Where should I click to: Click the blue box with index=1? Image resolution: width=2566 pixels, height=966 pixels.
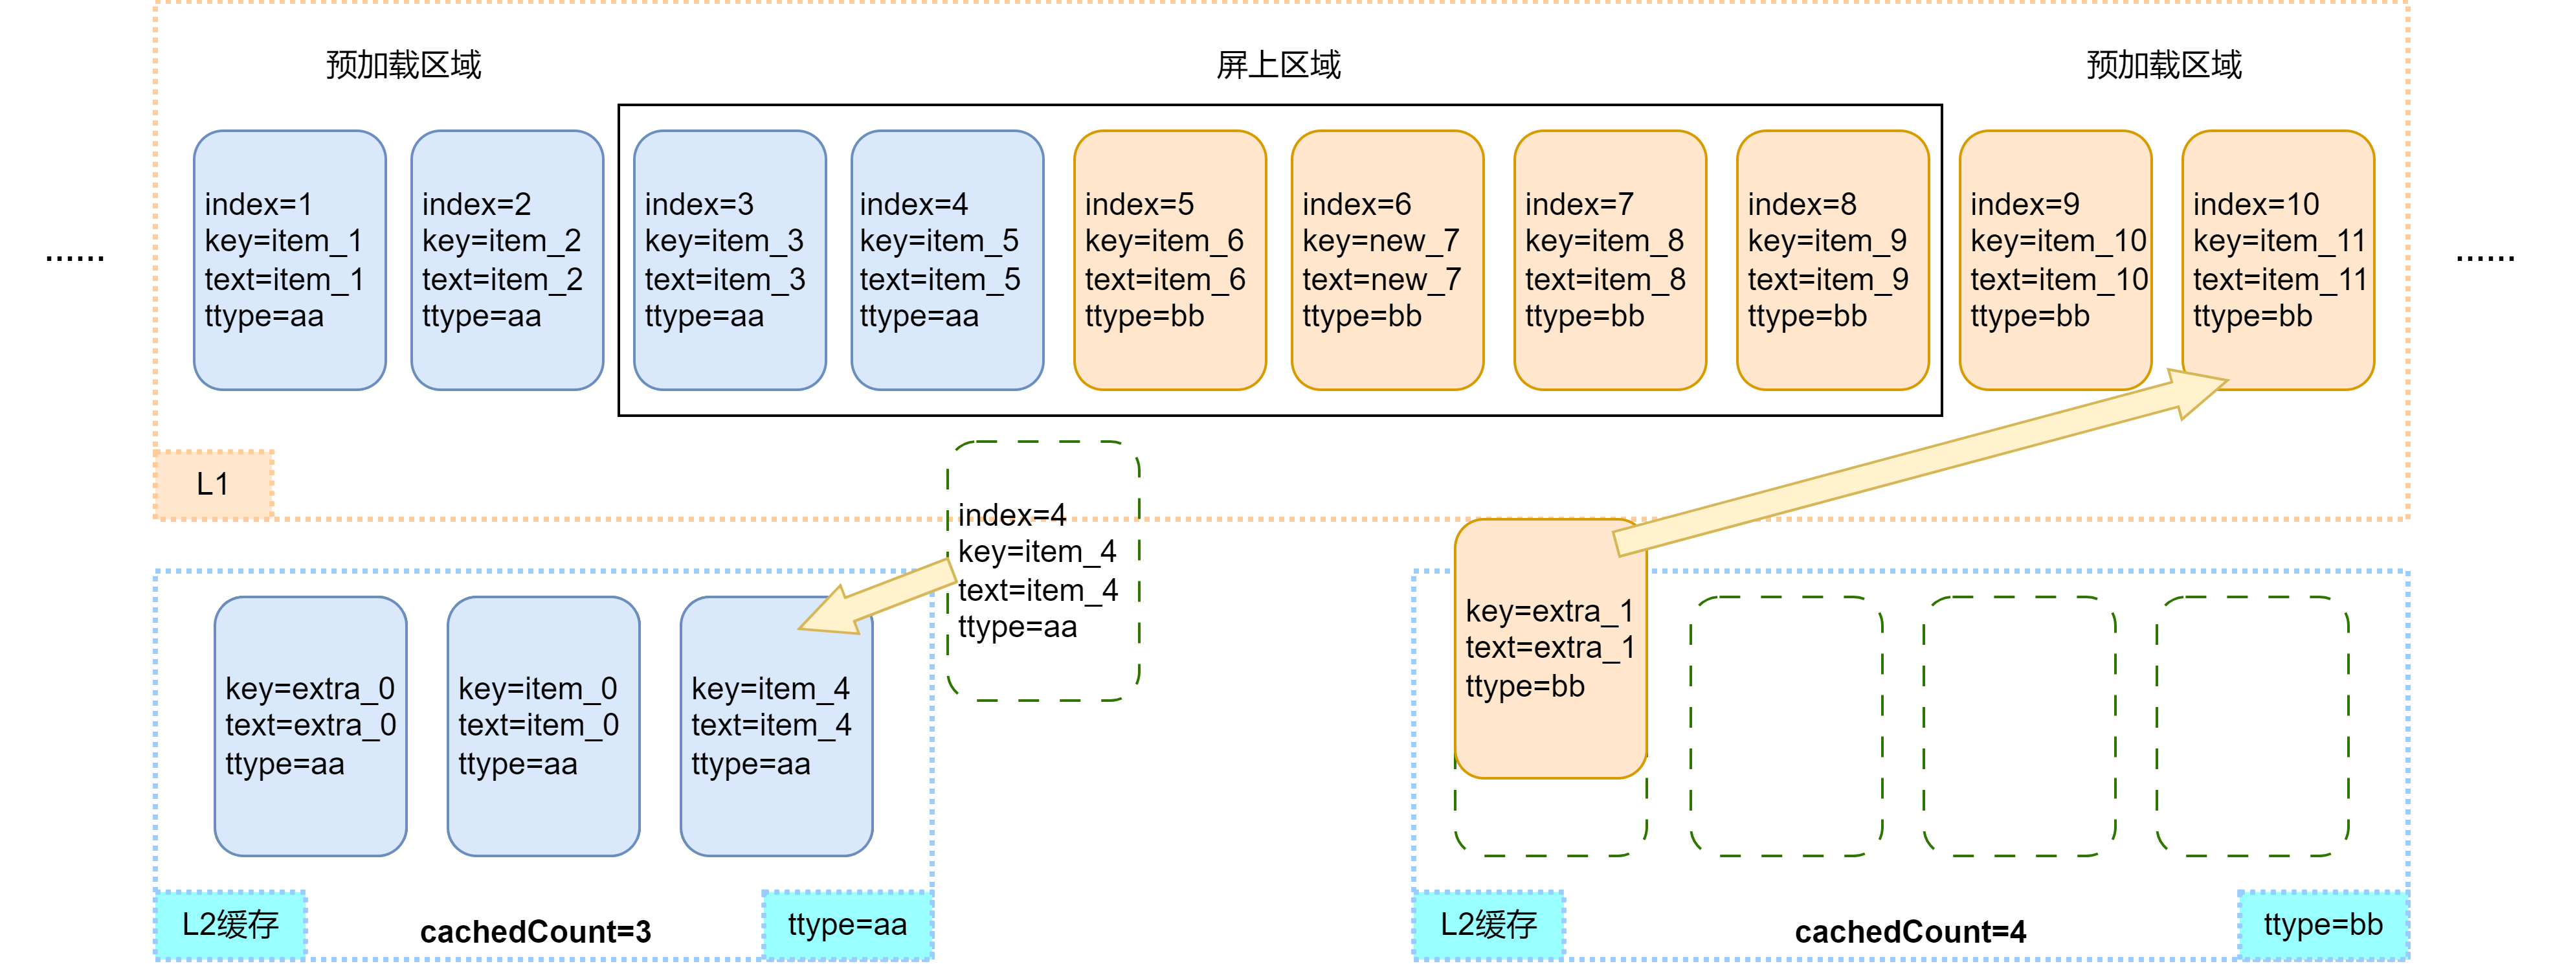pyautogui.click(x=289, y=260)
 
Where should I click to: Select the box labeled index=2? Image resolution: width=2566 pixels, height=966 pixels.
pyautogui.click(x=506, y=260)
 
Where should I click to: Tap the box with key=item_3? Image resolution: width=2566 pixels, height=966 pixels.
pyautogui.click(x=729, y=260)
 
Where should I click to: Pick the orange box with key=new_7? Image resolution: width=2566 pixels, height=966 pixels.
pyautogui.click(x=1387, y=260)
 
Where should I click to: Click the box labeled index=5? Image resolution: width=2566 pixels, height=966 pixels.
pyautogui.click(x=1170, y=260)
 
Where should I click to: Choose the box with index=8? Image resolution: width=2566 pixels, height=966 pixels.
pyautogui.click(x=1832, y=260)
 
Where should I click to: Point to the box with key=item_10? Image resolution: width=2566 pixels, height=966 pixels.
pyautogui.click(x=2055, y=260)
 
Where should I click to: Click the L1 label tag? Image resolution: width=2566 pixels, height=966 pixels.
pyautogui.click(x=213, y=485)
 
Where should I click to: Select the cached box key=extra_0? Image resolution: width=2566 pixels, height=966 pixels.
pyautogui.click(x=310, y=726)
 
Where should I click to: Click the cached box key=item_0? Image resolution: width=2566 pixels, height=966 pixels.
pyautogui.click(x=543, y=726)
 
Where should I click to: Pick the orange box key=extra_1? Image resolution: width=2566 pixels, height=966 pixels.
pyautogui.click(x=1550, y=648)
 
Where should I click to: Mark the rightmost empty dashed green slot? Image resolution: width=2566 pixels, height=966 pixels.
pyautogui.click(x=2251, y=726)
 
